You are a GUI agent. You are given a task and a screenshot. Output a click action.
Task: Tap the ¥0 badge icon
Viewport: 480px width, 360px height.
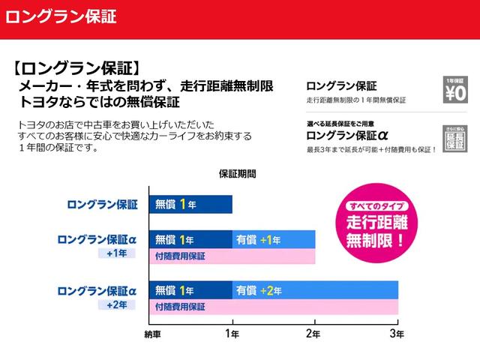click(x=455, y=90)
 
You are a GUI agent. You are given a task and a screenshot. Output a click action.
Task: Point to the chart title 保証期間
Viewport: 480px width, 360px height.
click(x=237, y=173)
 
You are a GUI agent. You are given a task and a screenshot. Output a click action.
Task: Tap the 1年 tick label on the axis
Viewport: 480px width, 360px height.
click(x=232, y=333)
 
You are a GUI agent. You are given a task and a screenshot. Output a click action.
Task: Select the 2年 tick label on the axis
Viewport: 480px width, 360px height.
click(x=315, y=333)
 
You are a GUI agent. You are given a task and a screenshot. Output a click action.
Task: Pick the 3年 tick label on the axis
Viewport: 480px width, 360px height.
click(x=397, y=333)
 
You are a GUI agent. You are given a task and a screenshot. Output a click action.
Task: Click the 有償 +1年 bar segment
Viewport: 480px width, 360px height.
click(x=274, y=239)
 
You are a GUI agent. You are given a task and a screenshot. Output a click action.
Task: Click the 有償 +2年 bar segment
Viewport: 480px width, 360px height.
click(x=315, y=290)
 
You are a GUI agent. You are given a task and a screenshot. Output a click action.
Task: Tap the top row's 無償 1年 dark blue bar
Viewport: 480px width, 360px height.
click(x=190, y=204)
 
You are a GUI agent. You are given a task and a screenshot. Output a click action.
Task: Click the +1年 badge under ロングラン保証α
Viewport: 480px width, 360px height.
click(x=116, y=253)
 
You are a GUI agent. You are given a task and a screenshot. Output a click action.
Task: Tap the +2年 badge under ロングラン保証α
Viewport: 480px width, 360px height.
click(x=116, y=304)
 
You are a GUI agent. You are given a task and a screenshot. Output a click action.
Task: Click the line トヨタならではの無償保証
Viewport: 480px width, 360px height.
click(x=100, y=102)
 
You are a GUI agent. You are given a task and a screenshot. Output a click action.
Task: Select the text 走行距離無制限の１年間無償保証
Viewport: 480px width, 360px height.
click(x=355, y=100)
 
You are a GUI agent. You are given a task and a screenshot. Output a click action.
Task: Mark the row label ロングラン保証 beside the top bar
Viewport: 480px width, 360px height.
click(x=102, y=204)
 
